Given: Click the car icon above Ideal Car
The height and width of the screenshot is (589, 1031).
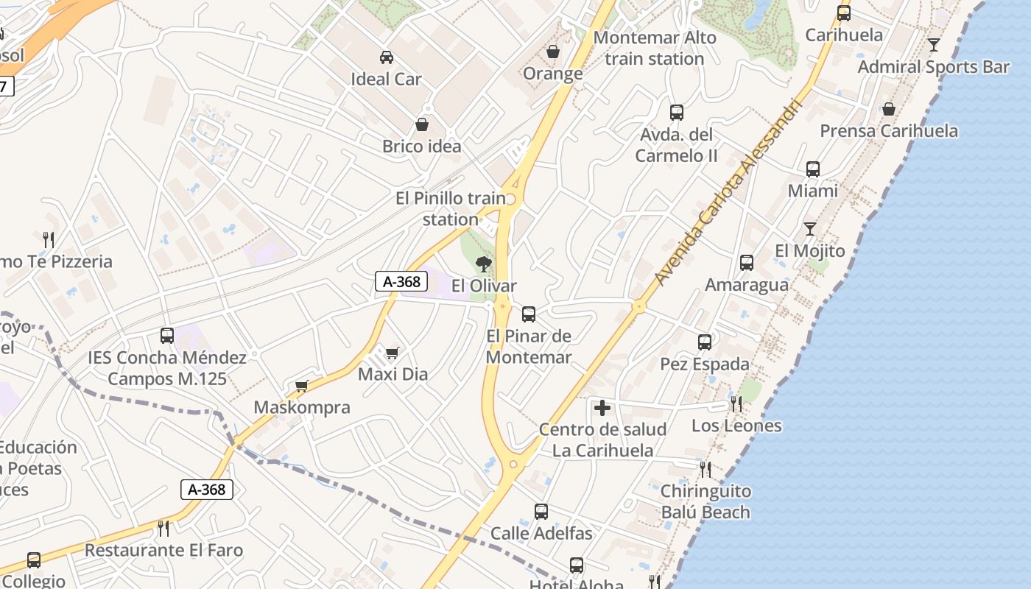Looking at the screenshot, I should [386, 57].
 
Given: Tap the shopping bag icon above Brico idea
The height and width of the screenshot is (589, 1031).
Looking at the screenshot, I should [422, 124].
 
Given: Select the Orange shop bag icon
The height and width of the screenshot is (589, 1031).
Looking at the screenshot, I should [552, 52].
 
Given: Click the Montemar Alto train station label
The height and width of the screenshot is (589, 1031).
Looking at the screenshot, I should [654, 48].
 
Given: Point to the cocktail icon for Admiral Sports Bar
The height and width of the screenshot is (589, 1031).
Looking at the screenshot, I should [933, 44].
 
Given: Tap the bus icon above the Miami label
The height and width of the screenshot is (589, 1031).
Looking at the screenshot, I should [812, 169].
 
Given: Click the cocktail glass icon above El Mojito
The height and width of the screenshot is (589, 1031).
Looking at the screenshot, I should [809, 228].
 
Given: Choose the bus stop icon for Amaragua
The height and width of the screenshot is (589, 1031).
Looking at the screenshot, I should [746, 262].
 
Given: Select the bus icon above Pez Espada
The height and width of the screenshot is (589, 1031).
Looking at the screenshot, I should [704, 342].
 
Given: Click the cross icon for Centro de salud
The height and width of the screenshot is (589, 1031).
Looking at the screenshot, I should [602, 407].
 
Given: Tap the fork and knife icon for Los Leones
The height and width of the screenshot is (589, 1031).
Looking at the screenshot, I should [736, 403].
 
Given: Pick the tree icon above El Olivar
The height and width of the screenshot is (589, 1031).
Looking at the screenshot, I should [484, 264].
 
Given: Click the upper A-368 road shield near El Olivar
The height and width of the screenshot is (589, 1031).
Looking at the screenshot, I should [401, 281].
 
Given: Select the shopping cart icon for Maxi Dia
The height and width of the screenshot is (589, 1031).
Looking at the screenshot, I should [392, 353].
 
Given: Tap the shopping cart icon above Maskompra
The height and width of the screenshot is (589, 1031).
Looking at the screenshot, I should [301, 386].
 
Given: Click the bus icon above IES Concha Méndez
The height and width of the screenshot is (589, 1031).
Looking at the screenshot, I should [167, 336].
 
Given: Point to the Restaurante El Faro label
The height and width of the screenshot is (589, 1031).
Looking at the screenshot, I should [163, 550].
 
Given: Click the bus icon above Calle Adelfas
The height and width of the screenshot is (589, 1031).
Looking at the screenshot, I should [541, 511].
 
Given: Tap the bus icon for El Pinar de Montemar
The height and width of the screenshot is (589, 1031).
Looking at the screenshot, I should [528, 314].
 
